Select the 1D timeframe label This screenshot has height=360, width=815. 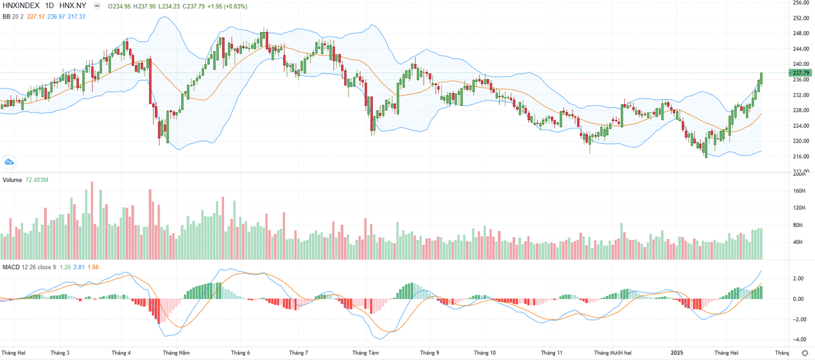[53, 6]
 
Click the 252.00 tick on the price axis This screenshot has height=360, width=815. [801, 18]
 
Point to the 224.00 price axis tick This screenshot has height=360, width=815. [801, 126]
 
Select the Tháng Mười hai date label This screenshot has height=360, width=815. [613, 353]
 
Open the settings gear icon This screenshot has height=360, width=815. [805, 353]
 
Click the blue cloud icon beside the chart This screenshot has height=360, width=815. [10, 162]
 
